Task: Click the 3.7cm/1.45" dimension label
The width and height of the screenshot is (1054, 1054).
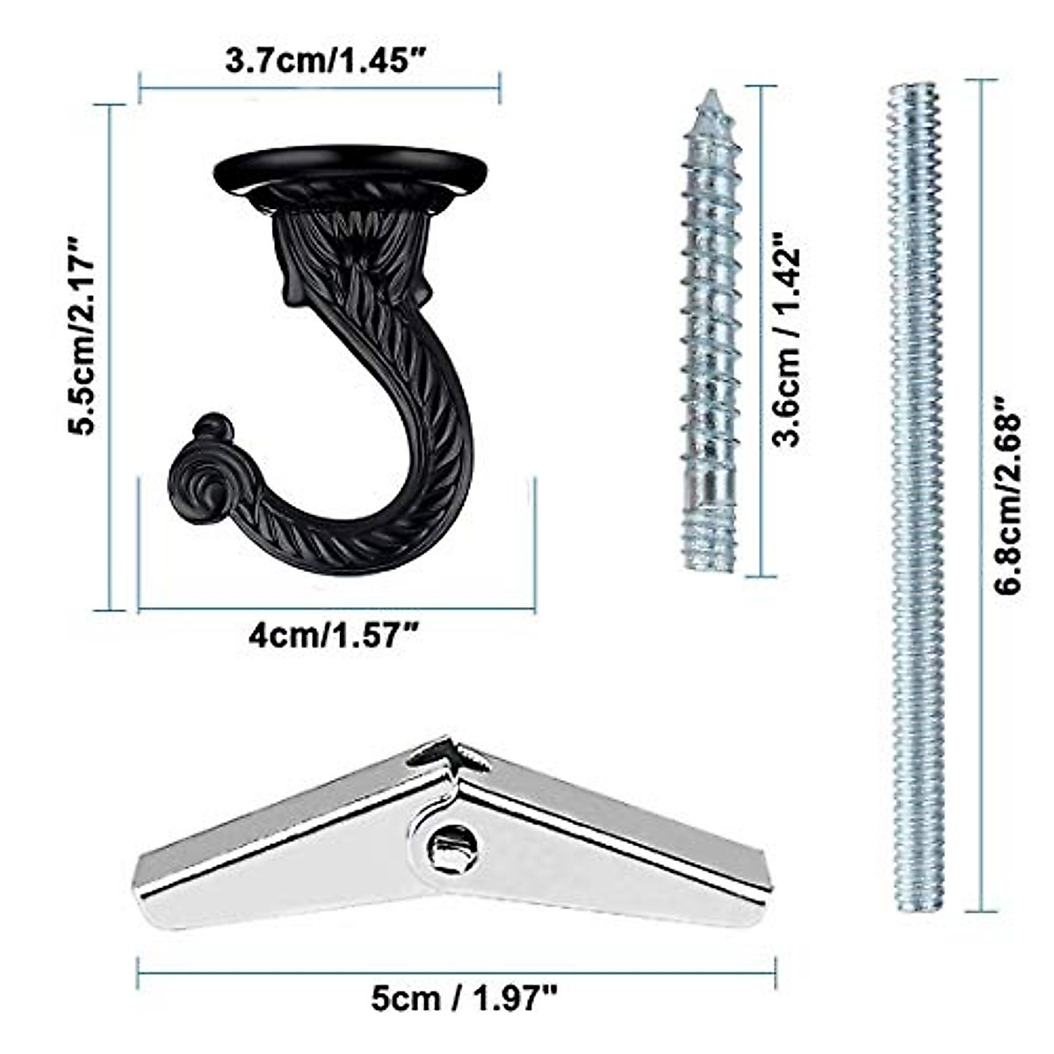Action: click(326, 61)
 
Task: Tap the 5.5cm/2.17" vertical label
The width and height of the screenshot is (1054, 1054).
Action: click(82, 335)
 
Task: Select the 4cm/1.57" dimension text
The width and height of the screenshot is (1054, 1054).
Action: click(334, 637)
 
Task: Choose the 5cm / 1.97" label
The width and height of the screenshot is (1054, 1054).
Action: click(463, 998)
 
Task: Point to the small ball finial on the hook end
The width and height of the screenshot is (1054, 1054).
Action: click(213, 427)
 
